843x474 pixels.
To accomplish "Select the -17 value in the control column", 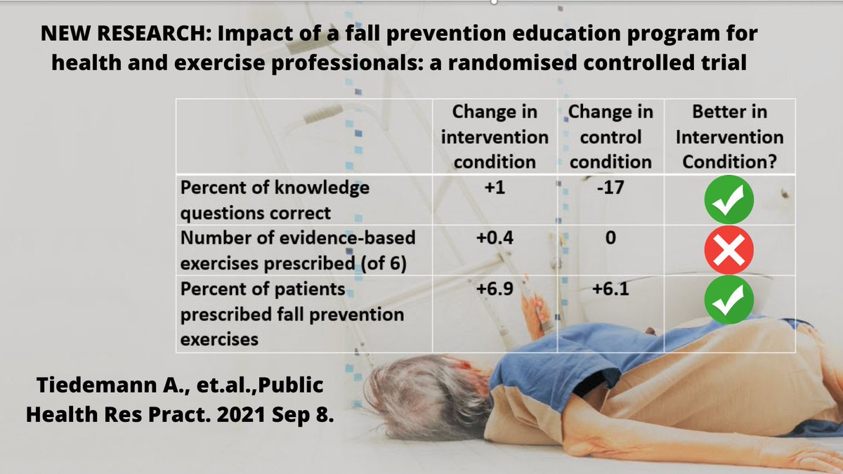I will pyautogui.click(x=610, y=188).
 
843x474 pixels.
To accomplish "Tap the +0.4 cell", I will pyautogui.click(x=495, y=238).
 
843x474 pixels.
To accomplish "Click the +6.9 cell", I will pyautogui.click(x=495, y=289).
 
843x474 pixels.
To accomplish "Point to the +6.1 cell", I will pyautogui.click(x=610, y=289).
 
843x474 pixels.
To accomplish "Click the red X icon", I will pyautogui.click(x=729, y=250).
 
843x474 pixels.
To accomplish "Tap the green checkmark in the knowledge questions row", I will pyautogui.click(x=729, y=199).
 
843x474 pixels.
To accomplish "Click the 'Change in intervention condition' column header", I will pyautogui.click(x=495, y=137).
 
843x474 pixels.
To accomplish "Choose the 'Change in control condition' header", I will pyautogui.click(x=610, y=137).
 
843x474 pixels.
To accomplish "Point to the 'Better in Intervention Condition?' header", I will pyautogui.click(x=729, y=137).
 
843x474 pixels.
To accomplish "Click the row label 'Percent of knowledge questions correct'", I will pyautogui.click(x=275, y=199).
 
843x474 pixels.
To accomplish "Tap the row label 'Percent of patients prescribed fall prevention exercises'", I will pyautogui.click(x=292, y=313).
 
